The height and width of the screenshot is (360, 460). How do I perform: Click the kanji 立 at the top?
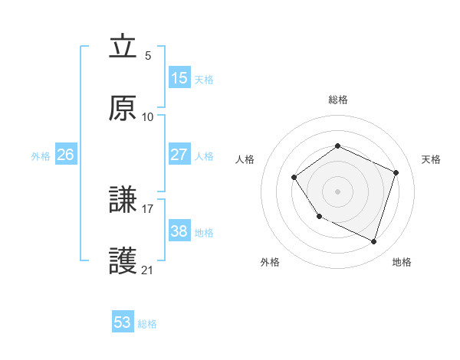(123, 47)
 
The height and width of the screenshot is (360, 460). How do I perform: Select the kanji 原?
(123, 109)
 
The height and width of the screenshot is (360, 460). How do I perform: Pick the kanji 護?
(123, 263)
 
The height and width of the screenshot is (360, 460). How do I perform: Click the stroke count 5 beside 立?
(148, 56)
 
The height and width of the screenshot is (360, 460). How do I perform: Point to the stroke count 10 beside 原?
(148, 117)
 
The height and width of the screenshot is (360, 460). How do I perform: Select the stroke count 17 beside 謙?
(148, 207)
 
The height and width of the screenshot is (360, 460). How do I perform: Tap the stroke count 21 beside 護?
(148, 270)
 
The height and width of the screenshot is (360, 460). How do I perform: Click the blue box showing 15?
(179, 78)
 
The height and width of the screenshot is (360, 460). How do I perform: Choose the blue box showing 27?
(179, 154)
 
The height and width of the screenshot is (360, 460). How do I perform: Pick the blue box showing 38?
(179, 231)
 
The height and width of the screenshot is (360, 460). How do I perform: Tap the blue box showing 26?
(65, 155)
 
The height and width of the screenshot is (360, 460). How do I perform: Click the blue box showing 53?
(123, 322)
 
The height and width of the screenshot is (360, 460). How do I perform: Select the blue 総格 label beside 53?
(147, 324)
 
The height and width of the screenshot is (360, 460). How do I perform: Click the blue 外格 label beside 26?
(41, 156)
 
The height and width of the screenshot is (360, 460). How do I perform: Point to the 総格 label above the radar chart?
(338, 100)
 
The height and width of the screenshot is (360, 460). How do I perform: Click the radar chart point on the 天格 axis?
(396, 172)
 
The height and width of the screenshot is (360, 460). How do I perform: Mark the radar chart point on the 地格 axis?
(373, 241)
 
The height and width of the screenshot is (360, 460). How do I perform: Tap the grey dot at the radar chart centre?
(337, 191)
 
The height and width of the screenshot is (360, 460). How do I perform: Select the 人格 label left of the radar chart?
(245, 159)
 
